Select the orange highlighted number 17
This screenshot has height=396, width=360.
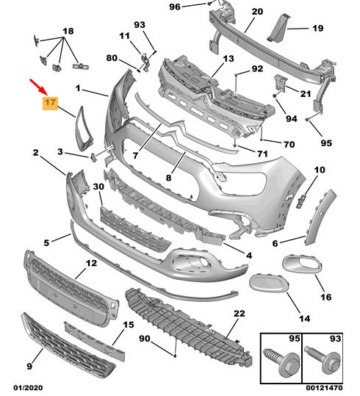pyautogui.click(x=50, y=103)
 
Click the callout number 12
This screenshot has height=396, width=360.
pyautogui.click(x=91, y=263)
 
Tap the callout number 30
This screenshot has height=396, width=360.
pyautogui.click(x=98, y=188)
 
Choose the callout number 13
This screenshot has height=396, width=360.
pyautogui.click(x=228, y=59)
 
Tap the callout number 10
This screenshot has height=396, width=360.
pyautogui.click(x=319, y=170)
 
